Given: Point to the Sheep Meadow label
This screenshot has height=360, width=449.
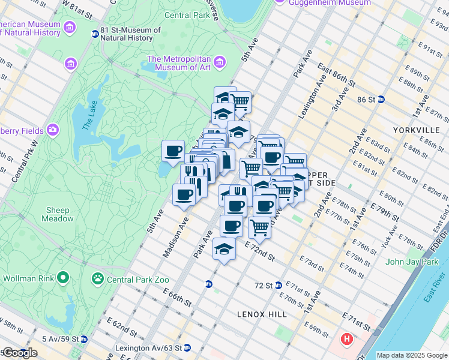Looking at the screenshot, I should (x=59, y=214).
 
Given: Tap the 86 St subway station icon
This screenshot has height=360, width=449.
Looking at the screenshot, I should (x=381, y=100).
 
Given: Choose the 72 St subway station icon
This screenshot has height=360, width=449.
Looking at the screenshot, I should (x=279, y=285).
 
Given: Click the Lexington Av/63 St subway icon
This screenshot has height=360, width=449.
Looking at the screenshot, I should (x=187, y=347).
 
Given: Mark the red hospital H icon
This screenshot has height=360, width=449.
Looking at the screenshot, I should (x=346, y=340).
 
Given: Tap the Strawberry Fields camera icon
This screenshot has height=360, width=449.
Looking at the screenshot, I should (x=53, y=130).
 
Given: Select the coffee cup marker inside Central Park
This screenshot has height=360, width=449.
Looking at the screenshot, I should (x=173, y=151).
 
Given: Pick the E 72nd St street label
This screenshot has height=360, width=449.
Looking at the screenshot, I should (x=259, y=251).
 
